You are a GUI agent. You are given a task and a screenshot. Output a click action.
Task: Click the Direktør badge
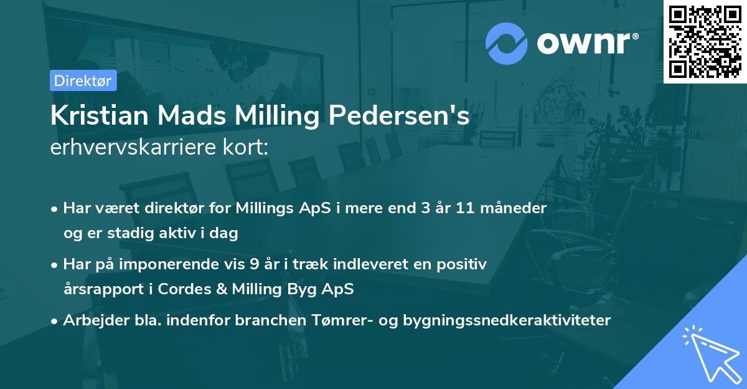83,80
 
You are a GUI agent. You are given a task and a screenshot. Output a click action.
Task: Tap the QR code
705,41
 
